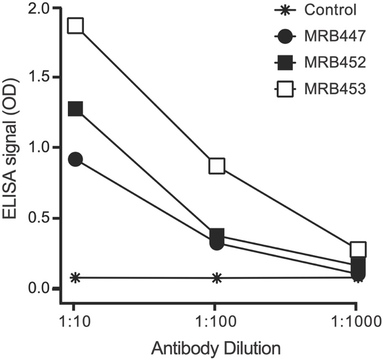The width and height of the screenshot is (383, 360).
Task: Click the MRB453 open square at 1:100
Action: click(217, 166)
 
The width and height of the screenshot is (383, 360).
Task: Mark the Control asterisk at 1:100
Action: click(217, 278)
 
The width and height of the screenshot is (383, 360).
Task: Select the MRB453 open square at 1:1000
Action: click(358, 249)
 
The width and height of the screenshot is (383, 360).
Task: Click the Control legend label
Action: click(329, 9)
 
